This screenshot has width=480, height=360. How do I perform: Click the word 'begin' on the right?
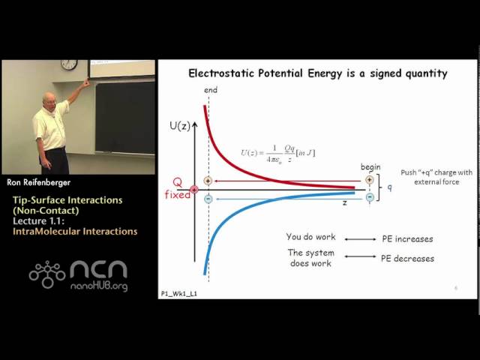[370, 167]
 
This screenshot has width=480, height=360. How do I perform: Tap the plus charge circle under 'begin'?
[369, 180]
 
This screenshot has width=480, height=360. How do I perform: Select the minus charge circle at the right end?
[369, 197]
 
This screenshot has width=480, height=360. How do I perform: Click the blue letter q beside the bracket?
[390, 188]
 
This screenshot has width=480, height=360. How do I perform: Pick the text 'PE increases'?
[407, 238]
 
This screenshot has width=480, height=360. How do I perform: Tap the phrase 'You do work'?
[311, 237]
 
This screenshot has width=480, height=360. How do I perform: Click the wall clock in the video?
[69, 64]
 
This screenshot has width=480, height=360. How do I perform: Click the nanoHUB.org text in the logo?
[98, 286]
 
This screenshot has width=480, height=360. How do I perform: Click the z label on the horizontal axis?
[344, 202]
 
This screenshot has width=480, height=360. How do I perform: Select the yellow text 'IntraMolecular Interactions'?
[75, 232]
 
